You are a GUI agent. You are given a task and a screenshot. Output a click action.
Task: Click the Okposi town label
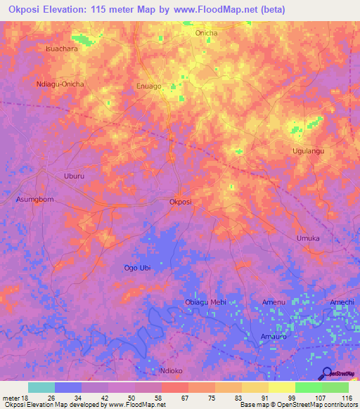point(181,202)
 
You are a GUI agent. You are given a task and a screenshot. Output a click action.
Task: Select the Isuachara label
point(61,49)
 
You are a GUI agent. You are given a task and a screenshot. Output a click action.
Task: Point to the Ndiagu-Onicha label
point(60,84)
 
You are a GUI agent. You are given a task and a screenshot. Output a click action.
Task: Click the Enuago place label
point(148,86)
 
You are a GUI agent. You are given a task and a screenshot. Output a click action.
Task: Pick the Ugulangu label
point(307,151)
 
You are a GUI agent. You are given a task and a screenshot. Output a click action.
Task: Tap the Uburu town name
point(74,176)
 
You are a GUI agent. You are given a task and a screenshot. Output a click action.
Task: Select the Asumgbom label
point(34,200)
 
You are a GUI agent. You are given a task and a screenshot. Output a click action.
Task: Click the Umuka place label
point(308,238)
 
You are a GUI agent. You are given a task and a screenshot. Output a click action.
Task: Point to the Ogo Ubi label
point(137,268)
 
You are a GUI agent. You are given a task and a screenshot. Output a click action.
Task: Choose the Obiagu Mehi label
point(205,302)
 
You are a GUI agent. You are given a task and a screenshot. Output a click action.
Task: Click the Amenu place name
point(274,302)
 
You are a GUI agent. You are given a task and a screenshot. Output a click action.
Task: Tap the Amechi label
point(342,302)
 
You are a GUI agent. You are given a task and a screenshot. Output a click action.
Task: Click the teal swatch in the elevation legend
point(41,387)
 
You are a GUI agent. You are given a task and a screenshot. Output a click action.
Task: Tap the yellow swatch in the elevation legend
point(281,387)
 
